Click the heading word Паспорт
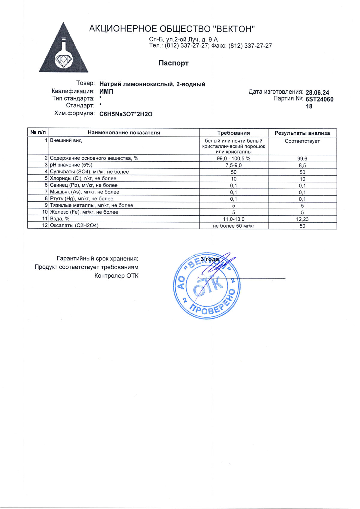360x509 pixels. (x=173, y=63)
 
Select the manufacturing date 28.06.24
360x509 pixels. (x=317, y=93)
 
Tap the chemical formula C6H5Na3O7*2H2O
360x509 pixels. (x=126, y=114)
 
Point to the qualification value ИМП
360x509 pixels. (x=106, y=91)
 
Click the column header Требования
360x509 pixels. (x=233, y=133)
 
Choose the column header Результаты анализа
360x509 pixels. (x=302, y=133)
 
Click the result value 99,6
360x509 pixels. (x=302, y=159)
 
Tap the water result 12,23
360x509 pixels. (x=302, y=219)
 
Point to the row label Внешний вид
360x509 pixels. (x=66, y=140)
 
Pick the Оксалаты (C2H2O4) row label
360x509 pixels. (x=74, y=226)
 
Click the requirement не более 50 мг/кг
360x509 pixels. (x=233, y=226)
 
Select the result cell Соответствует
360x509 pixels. (x=302, y=141)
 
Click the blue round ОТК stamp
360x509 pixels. (x=207, y=286)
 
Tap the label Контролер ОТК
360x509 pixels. (x=116, y=276)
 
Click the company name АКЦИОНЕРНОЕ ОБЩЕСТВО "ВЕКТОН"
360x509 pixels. (x=172, y=29)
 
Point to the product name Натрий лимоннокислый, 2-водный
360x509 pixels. (x=152, y=84)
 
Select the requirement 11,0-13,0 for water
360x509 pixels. (x=233, y=219)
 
